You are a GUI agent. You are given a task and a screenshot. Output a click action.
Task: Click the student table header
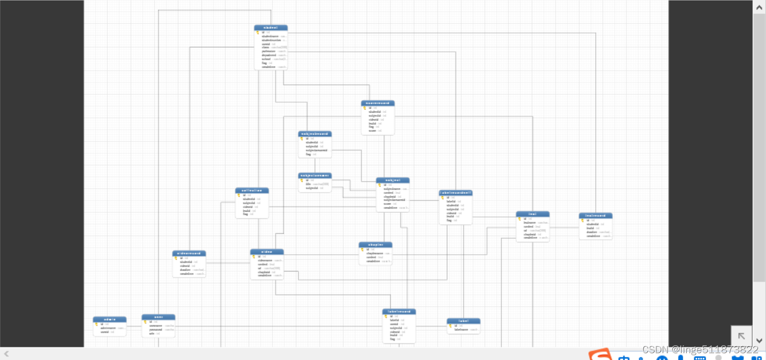271,28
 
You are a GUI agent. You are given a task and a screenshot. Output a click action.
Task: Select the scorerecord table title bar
377,103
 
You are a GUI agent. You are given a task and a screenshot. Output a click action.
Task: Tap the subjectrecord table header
315,134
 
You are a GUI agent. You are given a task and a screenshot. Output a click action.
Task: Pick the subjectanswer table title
315,176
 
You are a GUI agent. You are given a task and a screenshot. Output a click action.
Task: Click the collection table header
252,191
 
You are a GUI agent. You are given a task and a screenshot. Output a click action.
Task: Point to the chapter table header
375,245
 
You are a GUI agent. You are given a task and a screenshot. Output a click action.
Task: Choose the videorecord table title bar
189,254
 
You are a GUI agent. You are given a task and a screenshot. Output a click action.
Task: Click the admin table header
110,319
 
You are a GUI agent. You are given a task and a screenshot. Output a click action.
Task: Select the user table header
158,317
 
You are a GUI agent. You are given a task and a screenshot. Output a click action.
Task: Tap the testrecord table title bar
596,215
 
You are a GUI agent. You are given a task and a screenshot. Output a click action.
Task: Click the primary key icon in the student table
258,32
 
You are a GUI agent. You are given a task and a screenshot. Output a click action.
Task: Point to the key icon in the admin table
96,324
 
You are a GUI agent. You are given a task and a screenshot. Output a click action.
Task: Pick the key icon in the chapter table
362,249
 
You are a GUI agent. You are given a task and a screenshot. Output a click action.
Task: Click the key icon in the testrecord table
582,220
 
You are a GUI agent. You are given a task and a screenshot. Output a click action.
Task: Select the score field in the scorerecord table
373,130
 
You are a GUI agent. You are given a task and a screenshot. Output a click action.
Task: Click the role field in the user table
152,333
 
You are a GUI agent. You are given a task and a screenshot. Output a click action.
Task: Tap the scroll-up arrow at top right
759,7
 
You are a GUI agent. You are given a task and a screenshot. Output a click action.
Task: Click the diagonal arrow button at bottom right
741,336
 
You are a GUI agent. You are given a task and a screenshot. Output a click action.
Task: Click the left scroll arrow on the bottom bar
6,354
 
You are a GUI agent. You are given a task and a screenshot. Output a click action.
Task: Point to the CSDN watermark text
700,350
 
